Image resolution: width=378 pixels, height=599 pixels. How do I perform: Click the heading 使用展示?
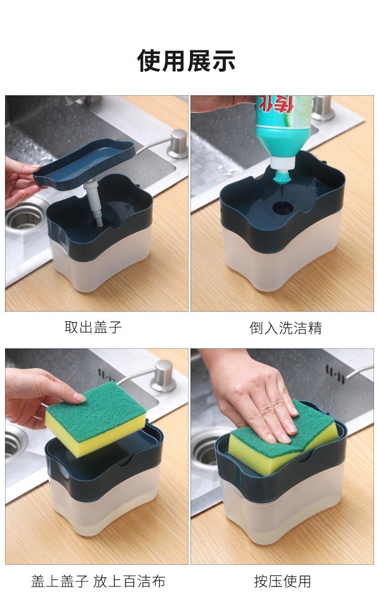click(x=186, y=61)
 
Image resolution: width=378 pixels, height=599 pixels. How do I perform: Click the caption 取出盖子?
click(x=93, y=327)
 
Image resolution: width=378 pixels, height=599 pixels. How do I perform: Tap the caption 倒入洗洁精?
click(x=285, y=328)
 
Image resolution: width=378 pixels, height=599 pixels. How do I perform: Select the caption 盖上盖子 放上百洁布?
click(x=98, y=581)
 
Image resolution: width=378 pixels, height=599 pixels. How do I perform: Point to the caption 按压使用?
click(x=282, y=581)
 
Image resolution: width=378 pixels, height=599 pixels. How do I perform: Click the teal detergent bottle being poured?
click(x=282, y=126)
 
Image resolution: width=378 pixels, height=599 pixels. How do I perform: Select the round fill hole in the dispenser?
click(x=282, y=207)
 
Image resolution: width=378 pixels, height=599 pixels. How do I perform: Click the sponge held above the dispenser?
click(x=96, y=418)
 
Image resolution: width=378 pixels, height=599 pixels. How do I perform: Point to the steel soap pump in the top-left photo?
click(x=177, y=144)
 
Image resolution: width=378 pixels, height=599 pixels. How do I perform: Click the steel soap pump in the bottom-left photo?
click(x=163, y=376)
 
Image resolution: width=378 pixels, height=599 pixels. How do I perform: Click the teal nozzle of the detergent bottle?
click(x=280, y=174)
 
